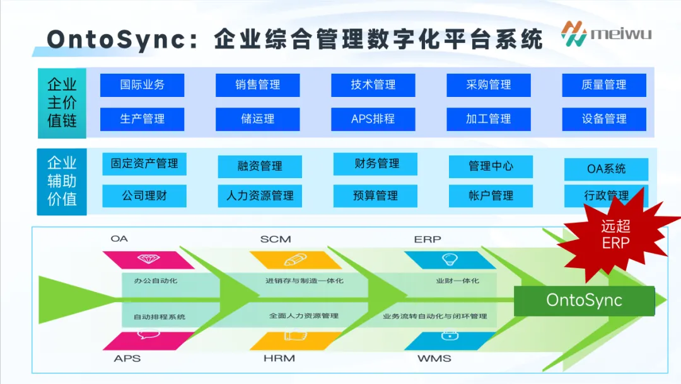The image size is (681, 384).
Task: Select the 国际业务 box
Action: coord(142,85)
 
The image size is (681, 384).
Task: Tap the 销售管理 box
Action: coord(257,85)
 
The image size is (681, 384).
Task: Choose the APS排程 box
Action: coord(373,119)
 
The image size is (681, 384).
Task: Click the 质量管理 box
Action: coord(603,85)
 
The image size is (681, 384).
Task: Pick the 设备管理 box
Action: coord(603,119)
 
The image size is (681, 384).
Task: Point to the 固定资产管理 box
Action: coord(144,164)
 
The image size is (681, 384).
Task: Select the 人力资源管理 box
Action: coord(260,196)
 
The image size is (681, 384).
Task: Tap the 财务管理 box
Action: coord(375,164)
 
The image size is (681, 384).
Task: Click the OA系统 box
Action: coord(606,169)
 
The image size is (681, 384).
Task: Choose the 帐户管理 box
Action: coord(491,196)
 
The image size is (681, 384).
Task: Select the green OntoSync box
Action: coord(584,300)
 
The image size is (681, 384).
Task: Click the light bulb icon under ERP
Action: coord(448,259)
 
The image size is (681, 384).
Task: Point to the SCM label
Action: coord(276,239)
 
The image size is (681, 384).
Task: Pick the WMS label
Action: coord(434,359)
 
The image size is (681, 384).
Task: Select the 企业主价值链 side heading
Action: coord(62,103)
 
